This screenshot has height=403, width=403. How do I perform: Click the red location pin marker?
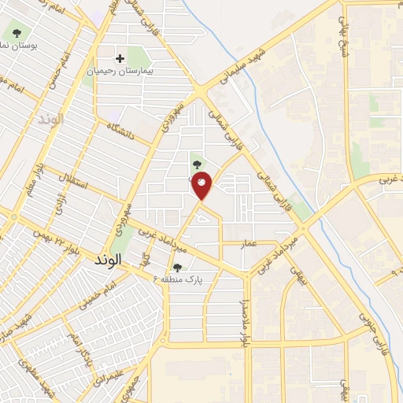(x=201, y=185)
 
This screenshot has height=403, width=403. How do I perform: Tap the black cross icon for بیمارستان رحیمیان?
(x=120, y=58)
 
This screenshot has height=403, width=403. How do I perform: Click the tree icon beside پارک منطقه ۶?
(x=177, y=268)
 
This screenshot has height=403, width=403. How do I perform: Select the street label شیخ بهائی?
(x=342, y=31)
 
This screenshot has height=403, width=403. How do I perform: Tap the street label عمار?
(x=250, y=245)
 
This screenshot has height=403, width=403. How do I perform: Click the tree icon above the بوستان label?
(x=17, y=33)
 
